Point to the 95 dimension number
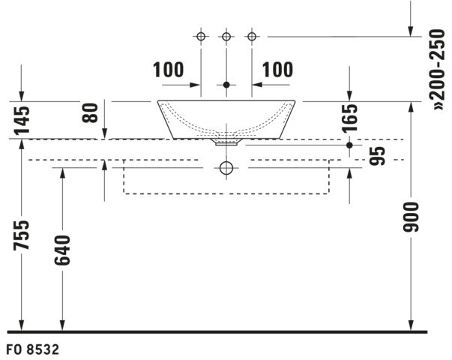tap(379, 156)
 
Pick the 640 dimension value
tap(62, 250)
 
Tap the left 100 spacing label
tap(168, 70)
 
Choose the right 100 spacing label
tap(277, 70)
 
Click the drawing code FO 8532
tap(33, 349)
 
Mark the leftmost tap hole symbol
tap(201, 35)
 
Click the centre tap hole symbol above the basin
tap(226, 35)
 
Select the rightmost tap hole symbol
tap(252, 35)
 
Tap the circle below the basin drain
tap(226, 169)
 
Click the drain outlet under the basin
tap(226, 139)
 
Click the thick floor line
tap(217, 331)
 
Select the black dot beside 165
tap(349, 145)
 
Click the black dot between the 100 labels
tap(226, 85)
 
